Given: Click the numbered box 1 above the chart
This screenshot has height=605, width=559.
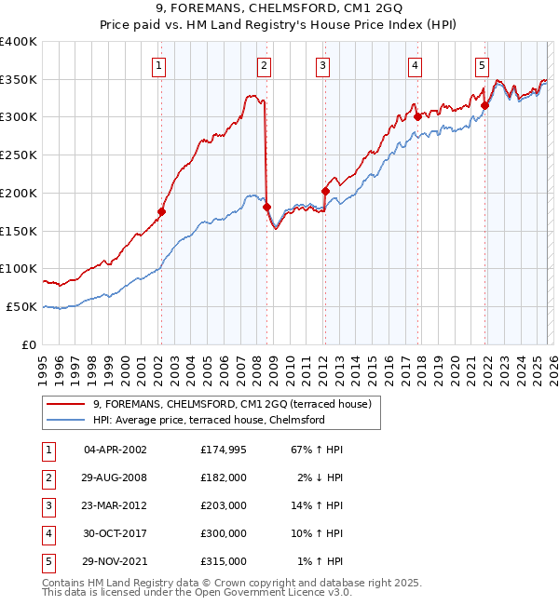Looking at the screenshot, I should click(x=160, y=65).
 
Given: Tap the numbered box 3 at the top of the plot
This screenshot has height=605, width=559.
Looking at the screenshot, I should click(x=321, y=65).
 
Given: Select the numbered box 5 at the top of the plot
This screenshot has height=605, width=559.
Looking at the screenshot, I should click(x=482, y=65).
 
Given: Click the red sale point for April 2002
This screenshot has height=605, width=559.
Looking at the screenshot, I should click(x=161, y=211).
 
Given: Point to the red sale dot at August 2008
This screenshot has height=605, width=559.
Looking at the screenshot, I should click(x=266, y=206).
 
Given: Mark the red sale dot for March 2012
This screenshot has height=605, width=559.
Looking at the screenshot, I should click(x=325, y=191).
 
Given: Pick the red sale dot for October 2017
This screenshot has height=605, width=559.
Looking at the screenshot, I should click(x=417, y=116).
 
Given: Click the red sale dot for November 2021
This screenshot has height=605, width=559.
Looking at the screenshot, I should click(x=484, y=105).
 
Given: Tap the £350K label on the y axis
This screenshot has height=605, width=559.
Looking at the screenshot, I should click(x=19, y=79).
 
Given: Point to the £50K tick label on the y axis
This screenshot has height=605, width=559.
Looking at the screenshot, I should click(x=22, y=306).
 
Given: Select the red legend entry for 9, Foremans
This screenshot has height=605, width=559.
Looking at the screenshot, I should click(x=232, y=404).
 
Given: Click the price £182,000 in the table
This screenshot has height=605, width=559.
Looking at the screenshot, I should click(x=224, y=477).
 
